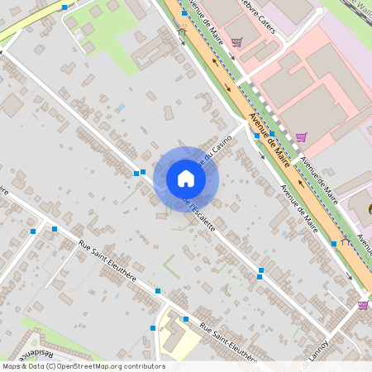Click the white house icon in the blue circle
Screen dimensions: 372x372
point(186,179)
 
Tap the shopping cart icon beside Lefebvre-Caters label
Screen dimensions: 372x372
point(236,43)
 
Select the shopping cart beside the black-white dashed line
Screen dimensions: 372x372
point(301,137)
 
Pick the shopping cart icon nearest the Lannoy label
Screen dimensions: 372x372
point(363,305)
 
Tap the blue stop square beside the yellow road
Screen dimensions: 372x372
point(64,7)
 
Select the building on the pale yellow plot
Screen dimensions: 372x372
point(177,336)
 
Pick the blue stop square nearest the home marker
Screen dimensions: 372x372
point(143,172)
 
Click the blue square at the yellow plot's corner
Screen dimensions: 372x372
point(186,318)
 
